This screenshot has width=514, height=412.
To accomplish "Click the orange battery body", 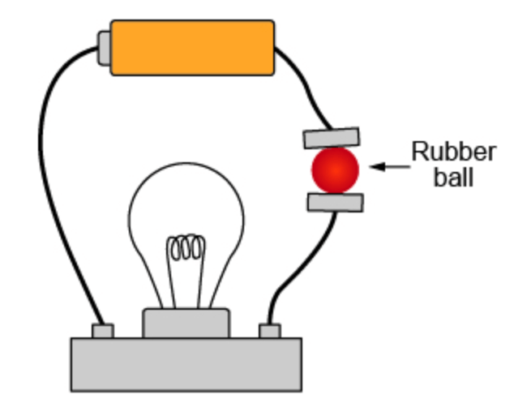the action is (192, 48).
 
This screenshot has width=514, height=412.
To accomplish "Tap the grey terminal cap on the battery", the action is (105, 48).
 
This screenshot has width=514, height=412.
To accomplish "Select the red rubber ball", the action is (335, 170).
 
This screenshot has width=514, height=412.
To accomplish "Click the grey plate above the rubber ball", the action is (332, 138).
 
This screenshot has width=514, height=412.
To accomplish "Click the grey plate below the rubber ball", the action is (336, 203).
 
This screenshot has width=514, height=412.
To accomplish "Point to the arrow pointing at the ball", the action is (390, 166).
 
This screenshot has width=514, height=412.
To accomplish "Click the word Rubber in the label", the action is (454, 152).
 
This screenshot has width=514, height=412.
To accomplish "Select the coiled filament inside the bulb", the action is (186, 247).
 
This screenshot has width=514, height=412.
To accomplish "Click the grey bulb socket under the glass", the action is (186, 323).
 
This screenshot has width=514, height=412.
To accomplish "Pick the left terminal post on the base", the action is (103, 331).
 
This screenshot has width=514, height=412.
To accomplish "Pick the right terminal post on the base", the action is (270, 331).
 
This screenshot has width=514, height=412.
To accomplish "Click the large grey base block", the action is (186, 364).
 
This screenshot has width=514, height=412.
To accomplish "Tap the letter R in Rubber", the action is (420, 152).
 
